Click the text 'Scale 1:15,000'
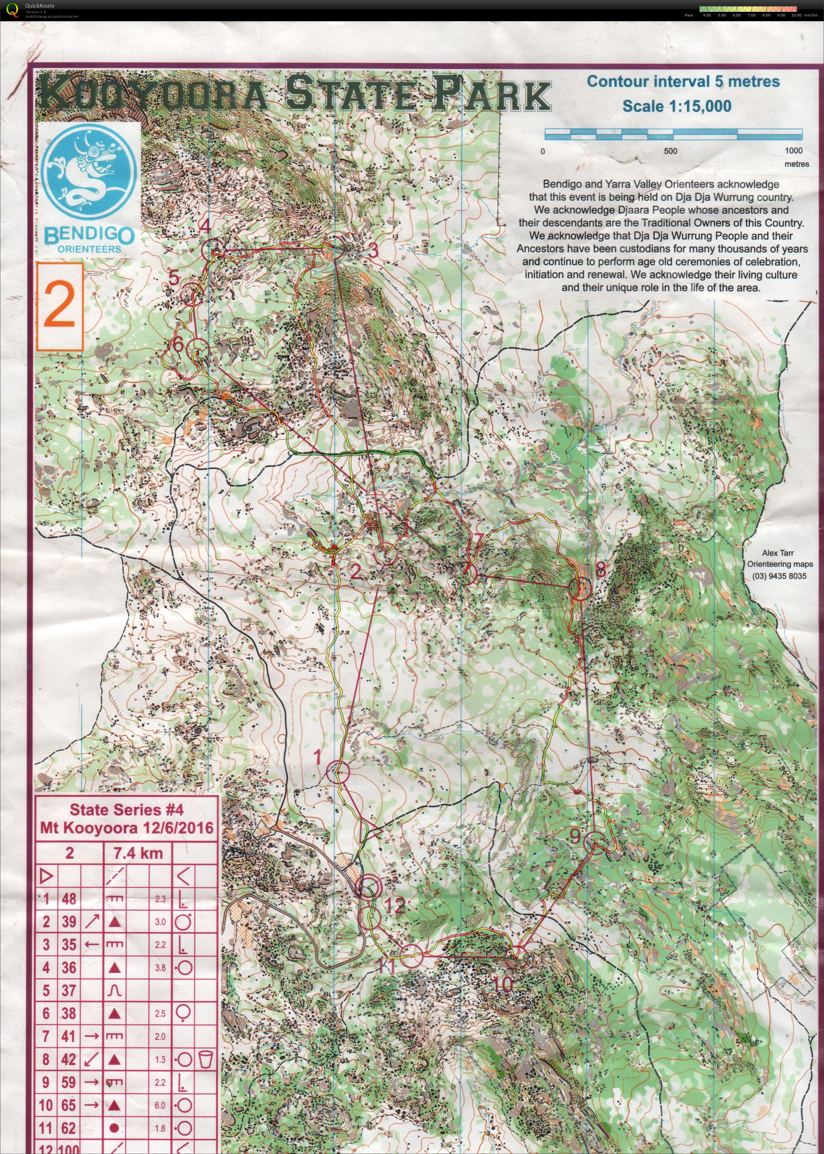pyautogui.click(x=677, y=106)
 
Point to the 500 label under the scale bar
pyautogui.click(x=670, y=151)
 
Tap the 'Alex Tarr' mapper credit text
pyautogui.click(x=777, y=553)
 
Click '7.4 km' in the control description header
pyautogui.click(x=138, y=853)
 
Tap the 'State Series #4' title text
pyautogui.click(x=126, y=809)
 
